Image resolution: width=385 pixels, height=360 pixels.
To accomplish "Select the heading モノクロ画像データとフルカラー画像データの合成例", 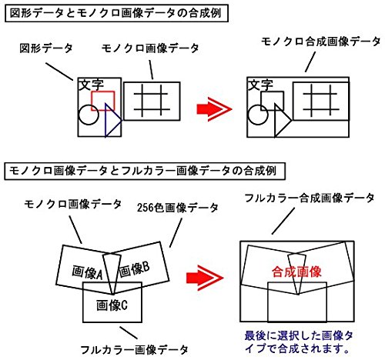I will pos(142,168).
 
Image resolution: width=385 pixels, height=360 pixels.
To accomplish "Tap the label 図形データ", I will pos(45,48).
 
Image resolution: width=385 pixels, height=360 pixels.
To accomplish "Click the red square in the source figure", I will pos(103,100).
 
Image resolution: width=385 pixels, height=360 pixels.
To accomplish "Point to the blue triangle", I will pos(112,123).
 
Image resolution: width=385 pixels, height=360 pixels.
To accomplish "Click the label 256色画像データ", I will pos(177,208).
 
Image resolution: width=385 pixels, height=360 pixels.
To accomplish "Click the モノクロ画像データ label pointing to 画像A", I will pos(72,204).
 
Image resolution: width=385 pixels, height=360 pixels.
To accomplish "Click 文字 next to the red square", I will pos(91,85).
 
